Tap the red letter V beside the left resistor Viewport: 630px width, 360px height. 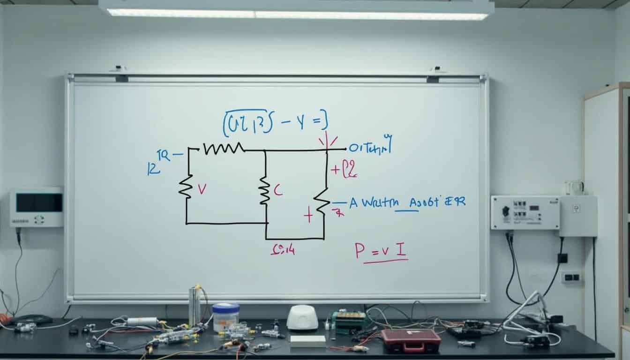tap(202, 188)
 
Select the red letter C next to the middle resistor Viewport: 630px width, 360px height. tap(277, 190)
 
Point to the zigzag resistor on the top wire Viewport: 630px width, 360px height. tap(224, 149)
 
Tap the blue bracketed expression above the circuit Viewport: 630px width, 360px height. tap(275, 122)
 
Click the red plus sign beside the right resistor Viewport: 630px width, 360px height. tap(307, 216)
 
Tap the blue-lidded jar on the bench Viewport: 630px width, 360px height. tap(225, 317)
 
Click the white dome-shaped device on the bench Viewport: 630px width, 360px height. tap(302, 317)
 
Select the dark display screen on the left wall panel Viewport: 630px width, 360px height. tap(39, 202)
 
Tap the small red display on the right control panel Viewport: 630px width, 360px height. tap(520, 205)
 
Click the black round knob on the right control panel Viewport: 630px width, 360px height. tap(506, 211)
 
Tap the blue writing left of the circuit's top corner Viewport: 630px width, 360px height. tap(160, 162)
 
